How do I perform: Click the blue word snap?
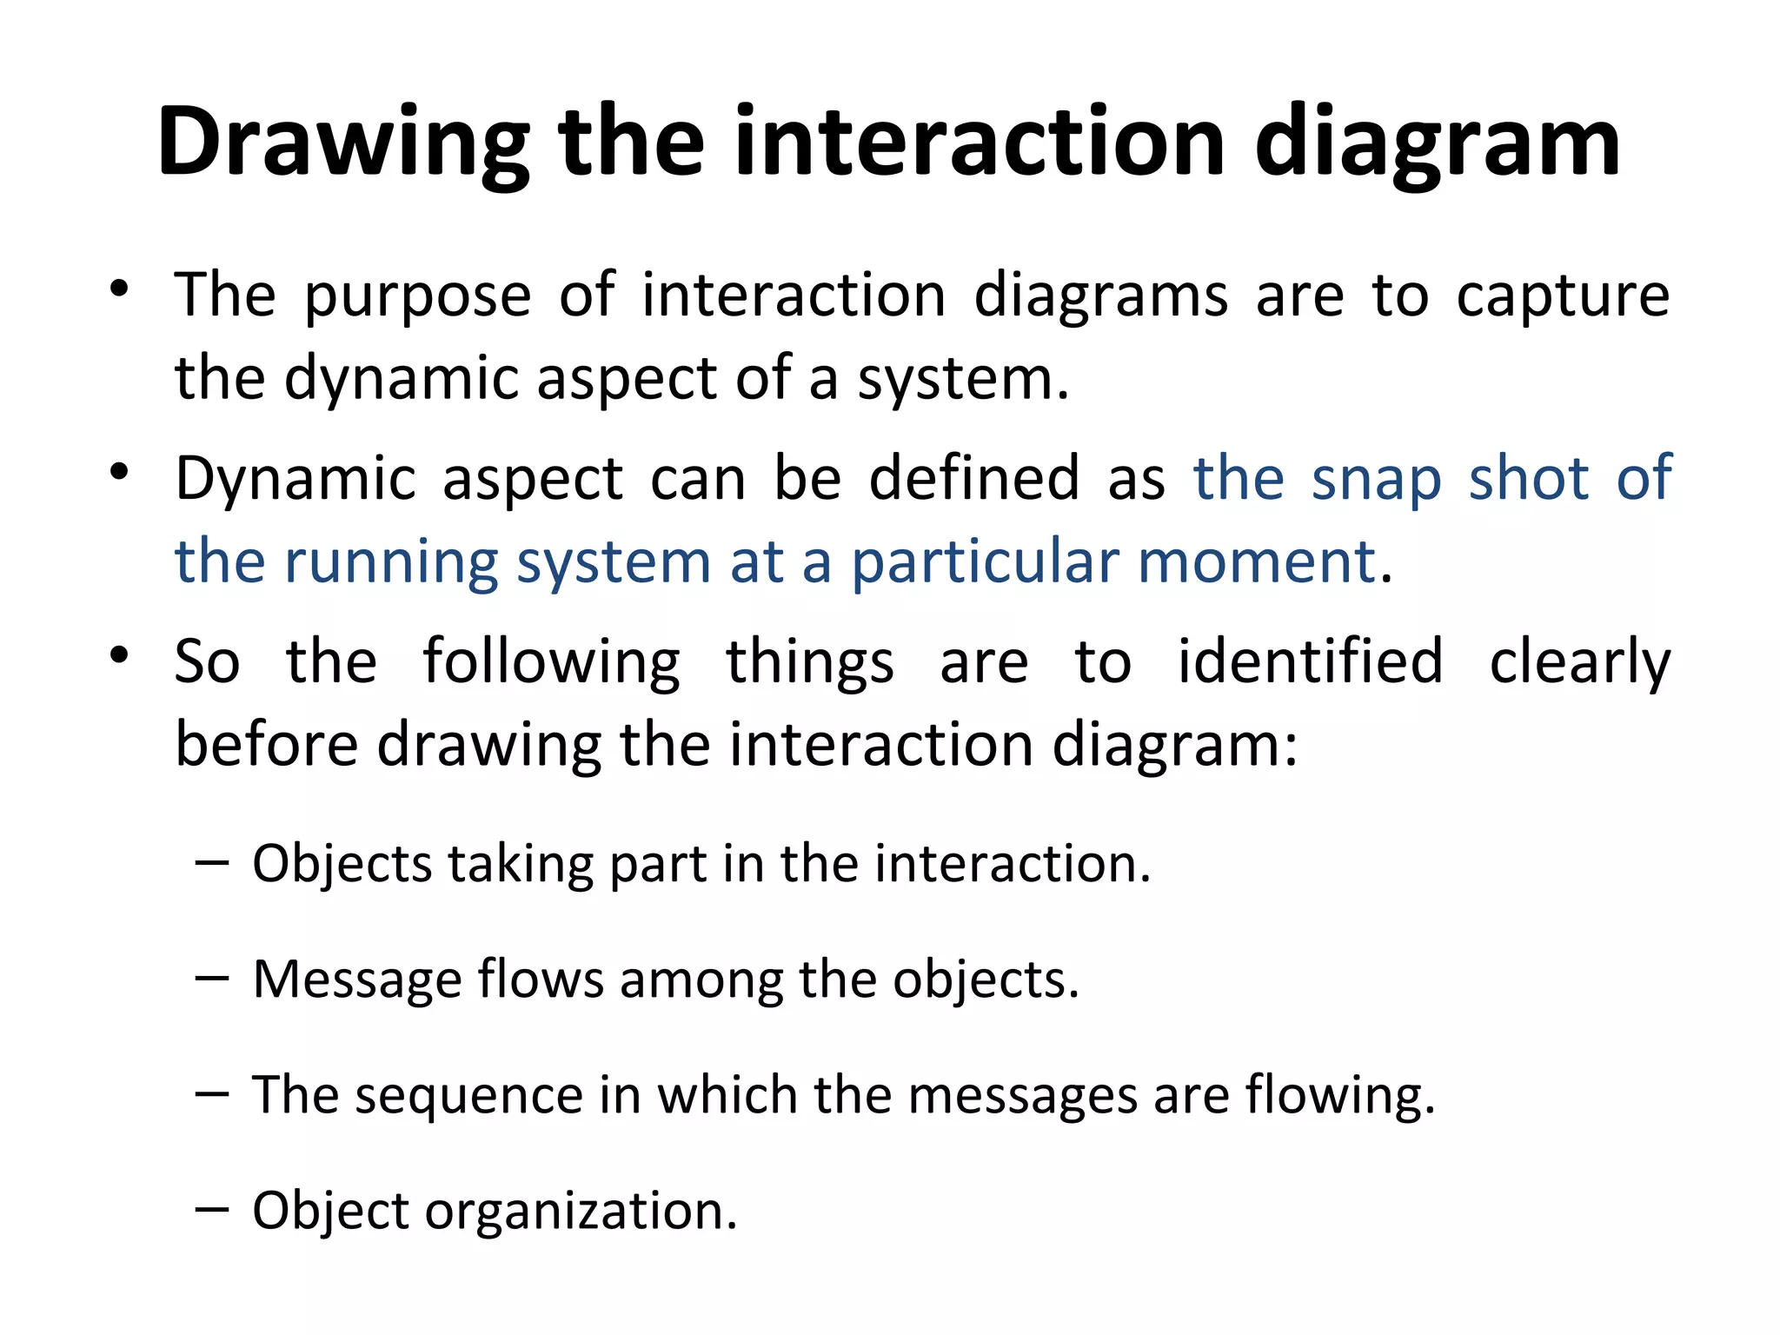(x=1376, y=480)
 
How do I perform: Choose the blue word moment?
(x=1258, y=561)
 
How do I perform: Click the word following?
(x=551, y=663)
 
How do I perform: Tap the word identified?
(x=1310, y=661)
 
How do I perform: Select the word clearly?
(x=1580, y=663)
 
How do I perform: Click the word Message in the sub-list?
(x=355, y=980)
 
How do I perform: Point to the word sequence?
(x=468, y=1096)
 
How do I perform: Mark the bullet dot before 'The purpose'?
(x=120, y=289)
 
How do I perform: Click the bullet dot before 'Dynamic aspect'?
(x=120, y=473)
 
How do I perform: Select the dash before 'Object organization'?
(x=212, y=1208)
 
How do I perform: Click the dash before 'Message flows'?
(x=212, y=977)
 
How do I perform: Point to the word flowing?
(x=1331, y=1096)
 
